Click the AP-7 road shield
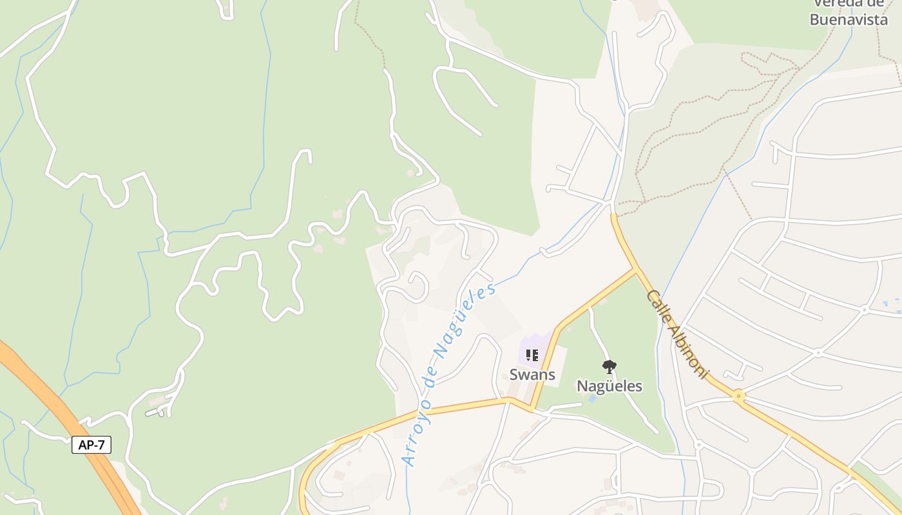pyautogui.click(x=91, y=445)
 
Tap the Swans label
pyautogui.click(x=532, y=374)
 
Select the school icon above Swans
pyautogui.click(x=532, y=355)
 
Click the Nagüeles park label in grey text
pyautogui.click(x=609, y=386)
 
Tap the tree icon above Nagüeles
pyautogui.click(x=609, y=367)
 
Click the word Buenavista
pyautogui.click(x=849, y=19)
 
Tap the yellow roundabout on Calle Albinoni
pyautogui.click(x=738, y=395)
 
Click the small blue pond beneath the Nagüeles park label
pyautogui.click(x=592, y=399)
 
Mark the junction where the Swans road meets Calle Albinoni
pyautogui.click(x=636, y=268)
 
